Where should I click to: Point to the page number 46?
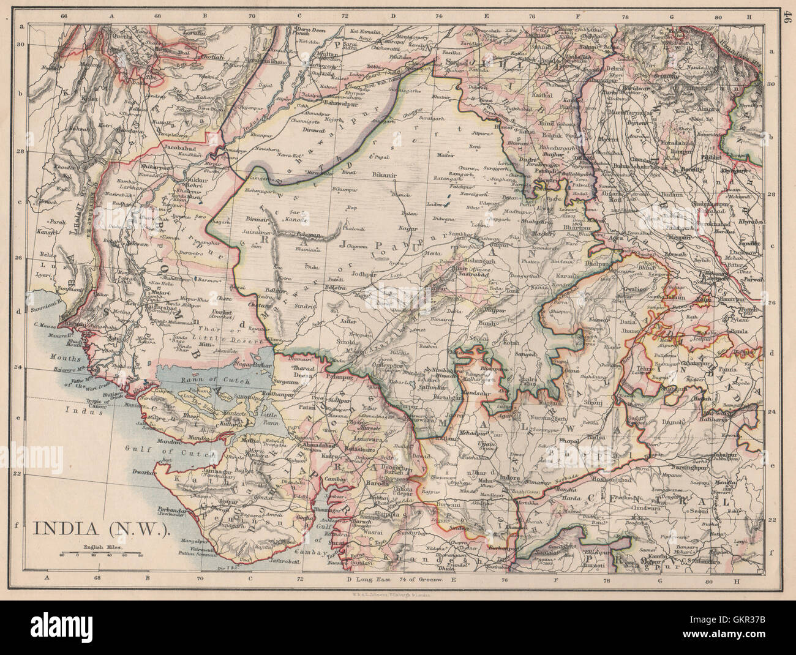786,12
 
